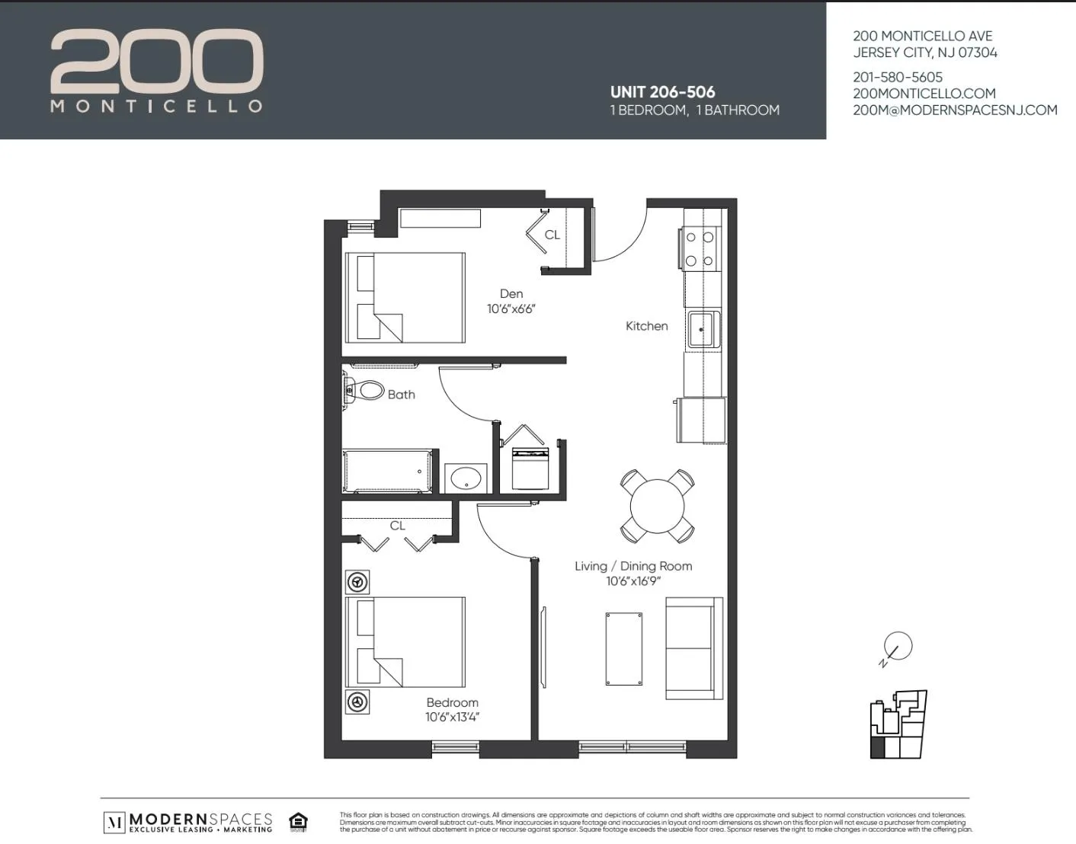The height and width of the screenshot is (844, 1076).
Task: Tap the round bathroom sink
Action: tap(465, 478)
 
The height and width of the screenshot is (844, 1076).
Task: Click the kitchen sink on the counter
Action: tap(702, 329)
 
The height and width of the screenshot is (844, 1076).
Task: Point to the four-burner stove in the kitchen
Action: tap(700, 249)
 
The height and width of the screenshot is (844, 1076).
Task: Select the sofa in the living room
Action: tap(693, 648)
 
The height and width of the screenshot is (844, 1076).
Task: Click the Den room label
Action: tap(511, 294)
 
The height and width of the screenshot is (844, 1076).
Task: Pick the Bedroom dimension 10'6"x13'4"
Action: tap(452, 717)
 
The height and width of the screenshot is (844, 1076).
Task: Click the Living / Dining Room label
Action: tap(632, 566)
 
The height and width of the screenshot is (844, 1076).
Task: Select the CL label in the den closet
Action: tap(552, 235)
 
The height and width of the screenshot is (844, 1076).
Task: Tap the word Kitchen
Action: tap(646, 326)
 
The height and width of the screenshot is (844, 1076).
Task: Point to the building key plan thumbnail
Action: tap(898, 724)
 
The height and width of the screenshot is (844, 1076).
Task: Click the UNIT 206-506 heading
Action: tap(662, 92)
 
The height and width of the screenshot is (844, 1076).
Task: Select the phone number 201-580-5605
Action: tap(897, 77)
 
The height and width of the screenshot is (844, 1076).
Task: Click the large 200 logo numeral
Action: tap(157, 61)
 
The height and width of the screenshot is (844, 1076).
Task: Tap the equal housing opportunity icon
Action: tap(298, 822)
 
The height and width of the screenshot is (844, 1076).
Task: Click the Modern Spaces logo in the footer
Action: tap(188, 822)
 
